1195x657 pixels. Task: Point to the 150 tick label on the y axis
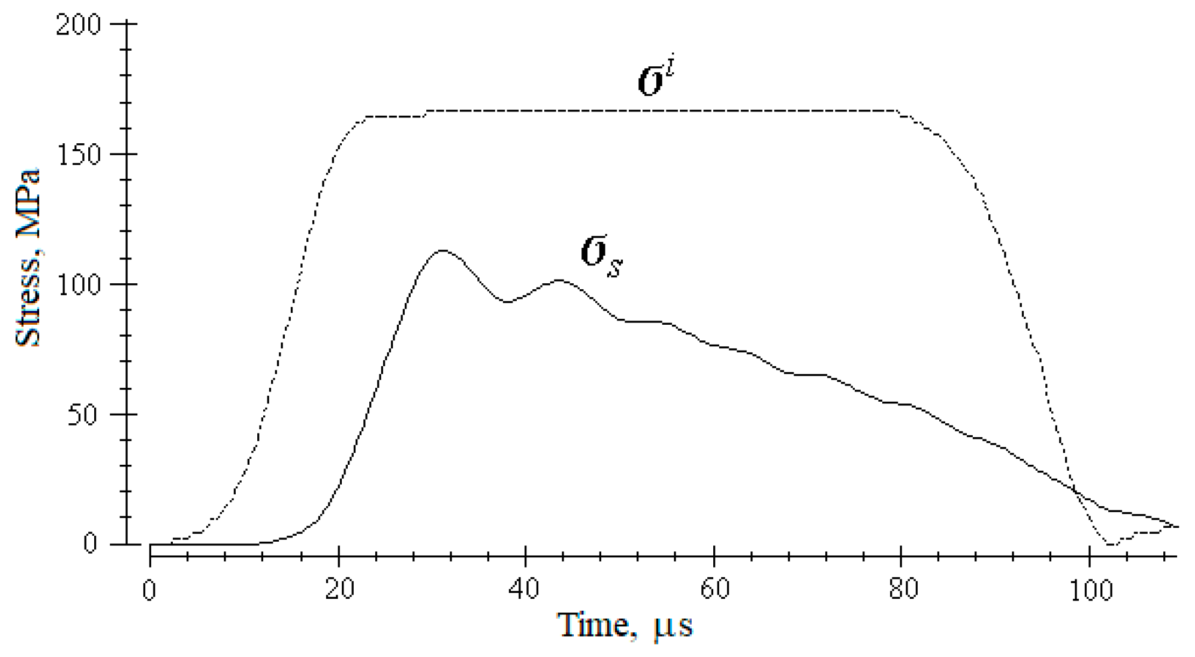(x=78, y=155)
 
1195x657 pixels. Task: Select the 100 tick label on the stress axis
(x=78, y=285)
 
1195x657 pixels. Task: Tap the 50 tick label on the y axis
(x=85, y=416)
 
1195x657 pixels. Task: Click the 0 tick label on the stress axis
(x=90, y=544)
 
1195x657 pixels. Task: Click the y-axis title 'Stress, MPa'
(x=28, y=258)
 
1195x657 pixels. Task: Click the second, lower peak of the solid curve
(x=560, y=280)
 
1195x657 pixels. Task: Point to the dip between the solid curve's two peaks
(x=507, y=302)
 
